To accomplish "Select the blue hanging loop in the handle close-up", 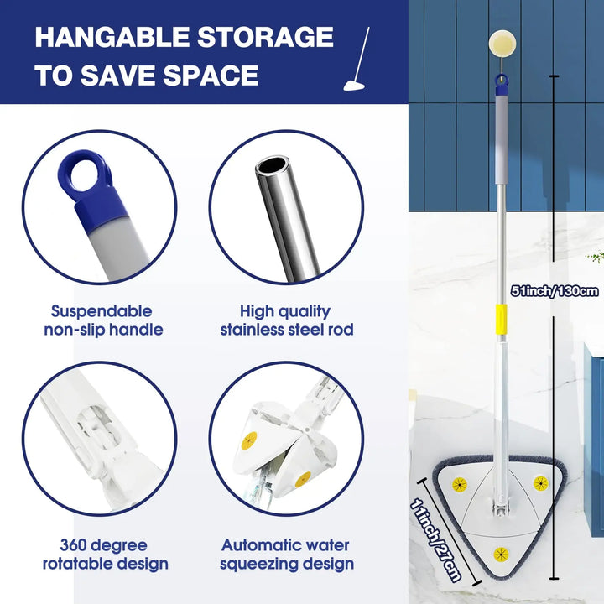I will [x=91, y=173].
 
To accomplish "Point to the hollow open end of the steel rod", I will [x=271, y=166].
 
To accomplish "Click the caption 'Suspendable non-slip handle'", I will [x=102, y=320].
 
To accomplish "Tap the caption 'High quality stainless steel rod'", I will [x=287, y=320].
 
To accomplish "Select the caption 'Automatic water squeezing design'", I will [x=287, y=555].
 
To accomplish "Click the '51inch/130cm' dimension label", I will [x=555, y=291].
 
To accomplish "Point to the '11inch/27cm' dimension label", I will [x=435, y=537].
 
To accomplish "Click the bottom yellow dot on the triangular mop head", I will [x=501, y=555].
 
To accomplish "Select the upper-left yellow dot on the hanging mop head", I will [x=460, y=484].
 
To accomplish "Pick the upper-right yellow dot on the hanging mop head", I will [x=540, y=483].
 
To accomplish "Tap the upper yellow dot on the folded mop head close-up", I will [x=249, y=440].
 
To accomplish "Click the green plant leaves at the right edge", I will [x=596, y=257].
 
